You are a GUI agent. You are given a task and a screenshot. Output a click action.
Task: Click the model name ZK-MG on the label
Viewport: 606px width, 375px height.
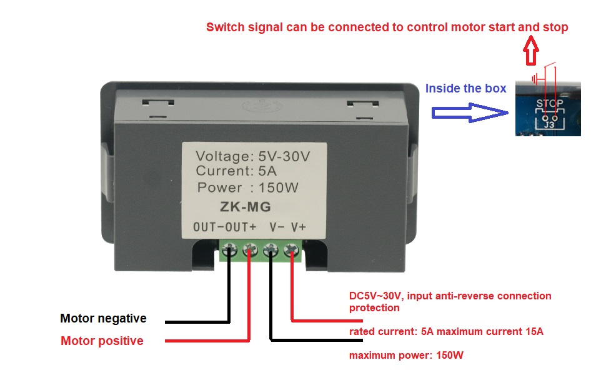[245, 206]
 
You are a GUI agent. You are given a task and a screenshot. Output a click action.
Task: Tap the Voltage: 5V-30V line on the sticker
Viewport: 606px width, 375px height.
[252, 156]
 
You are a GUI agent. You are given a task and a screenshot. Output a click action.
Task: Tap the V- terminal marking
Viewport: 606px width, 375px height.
[277, 227]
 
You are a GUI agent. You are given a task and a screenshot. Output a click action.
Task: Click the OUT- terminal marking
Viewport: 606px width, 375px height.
[208, 227]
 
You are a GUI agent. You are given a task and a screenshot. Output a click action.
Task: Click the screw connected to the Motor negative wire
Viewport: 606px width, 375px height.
[230, 252]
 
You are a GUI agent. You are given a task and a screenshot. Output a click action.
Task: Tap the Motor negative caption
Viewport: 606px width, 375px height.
[103, 319]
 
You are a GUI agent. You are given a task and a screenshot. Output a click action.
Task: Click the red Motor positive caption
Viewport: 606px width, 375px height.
[102, 341]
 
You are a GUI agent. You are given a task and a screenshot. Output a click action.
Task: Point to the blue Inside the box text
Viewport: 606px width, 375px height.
[465, 89]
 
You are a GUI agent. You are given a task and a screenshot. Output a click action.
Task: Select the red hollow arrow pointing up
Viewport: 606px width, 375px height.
[531, 51]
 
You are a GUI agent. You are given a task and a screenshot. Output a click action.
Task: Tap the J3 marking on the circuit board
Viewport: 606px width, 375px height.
[549, 125]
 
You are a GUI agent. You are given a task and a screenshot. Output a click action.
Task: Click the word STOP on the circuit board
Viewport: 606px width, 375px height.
[549, 103]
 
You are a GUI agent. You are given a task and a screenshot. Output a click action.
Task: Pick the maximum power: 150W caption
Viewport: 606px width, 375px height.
[406, 356]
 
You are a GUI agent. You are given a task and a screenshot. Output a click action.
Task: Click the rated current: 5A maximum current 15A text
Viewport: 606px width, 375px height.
[446, 332]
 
